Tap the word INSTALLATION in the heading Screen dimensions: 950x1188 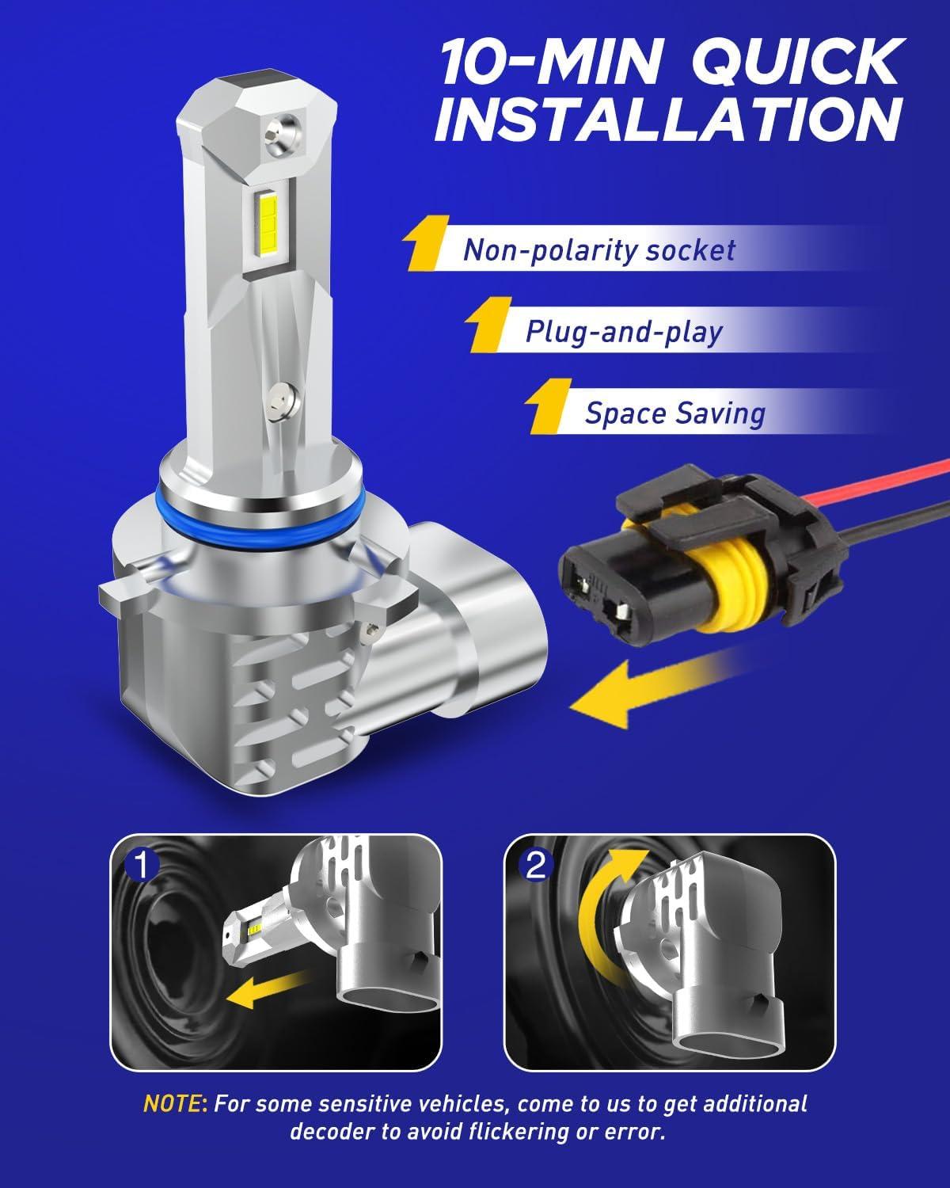click(x=669, y=119)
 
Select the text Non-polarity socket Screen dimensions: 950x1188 click(x=599, y=250)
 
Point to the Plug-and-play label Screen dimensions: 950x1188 click(x=624, y=332)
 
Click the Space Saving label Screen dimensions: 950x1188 click(x=675, y=413)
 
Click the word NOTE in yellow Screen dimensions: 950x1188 click(x=173, y=1103)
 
